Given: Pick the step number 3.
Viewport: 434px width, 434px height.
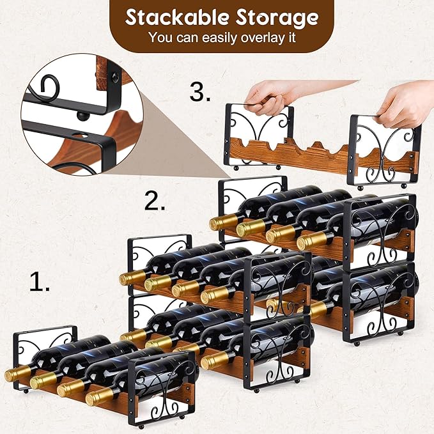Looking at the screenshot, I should click(200, 93).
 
